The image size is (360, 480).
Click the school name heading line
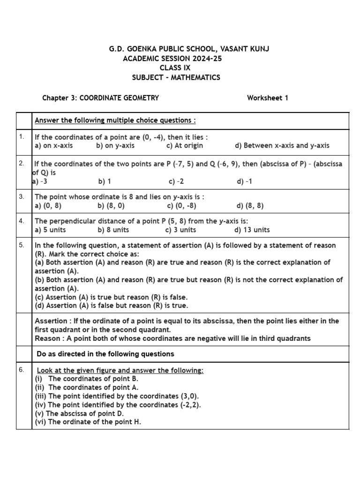189,49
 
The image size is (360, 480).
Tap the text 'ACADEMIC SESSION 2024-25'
172,59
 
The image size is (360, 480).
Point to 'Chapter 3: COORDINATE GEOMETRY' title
100,98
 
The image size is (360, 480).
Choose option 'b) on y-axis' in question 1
115,145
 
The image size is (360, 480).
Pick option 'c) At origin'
185,145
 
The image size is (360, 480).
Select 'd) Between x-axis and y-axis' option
282,145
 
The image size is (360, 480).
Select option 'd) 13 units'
252,230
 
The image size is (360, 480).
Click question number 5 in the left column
22,245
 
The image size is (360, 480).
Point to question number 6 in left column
22,370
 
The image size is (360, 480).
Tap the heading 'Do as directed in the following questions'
105,354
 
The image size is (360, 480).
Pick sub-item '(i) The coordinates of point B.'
87,379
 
